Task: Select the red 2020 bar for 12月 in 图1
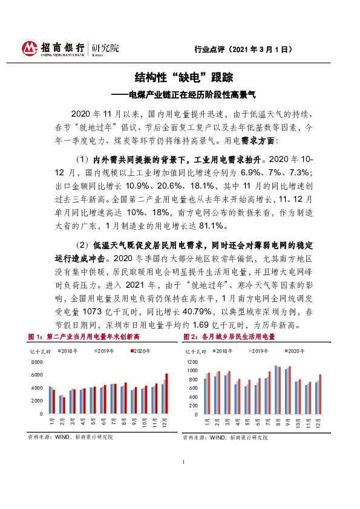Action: click(x=166, y=394)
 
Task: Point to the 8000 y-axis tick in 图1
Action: click(x=36, y=361)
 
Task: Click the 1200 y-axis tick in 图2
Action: click(x=192, y=361)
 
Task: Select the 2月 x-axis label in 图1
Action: click(x=61, y=421)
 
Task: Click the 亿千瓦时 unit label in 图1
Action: click(x=39, y=351)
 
